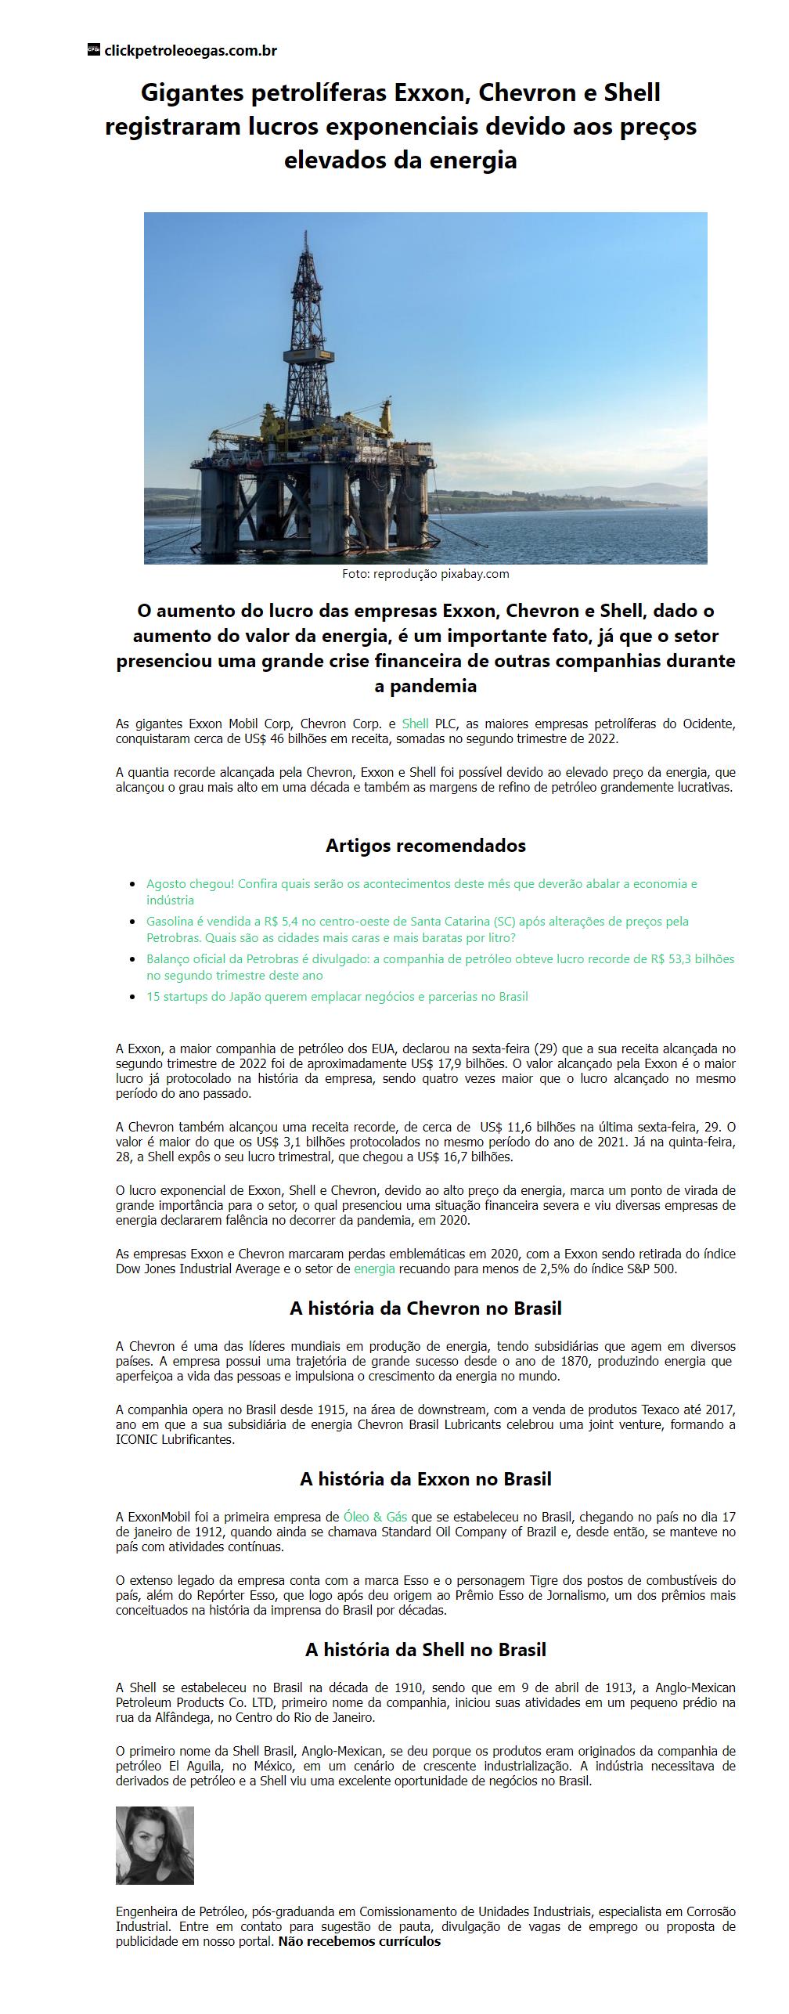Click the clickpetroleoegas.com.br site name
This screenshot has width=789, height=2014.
[x=190, y=51]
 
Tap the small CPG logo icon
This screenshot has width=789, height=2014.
[x=94, y=50]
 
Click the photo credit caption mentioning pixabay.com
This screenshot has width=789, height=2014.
[x=425, y=574]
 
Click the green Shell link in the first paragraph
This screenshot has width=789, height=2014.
[x=415, y=724]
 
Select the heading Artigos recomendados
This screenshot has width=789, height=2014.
[x=425, y=846]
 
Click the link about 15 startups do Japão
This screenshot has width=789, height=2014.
[x=337, y=997]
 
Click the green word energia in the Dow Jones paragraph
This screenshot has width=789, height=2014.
[x=374, y=1269]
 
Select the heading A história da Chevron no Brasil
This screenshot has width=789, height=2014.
[x=425, y=1308]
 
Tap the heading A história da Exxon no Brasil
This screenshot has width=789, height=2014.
[x=425, y=1479]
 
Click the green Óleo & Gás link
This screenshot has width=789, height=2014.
[x=375, y=1517]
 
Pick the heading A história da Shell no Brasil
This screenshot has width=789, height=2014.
[x=425, y=1650]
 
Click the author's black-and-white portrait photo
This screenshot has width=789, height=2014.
[x=155, y=1846]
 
